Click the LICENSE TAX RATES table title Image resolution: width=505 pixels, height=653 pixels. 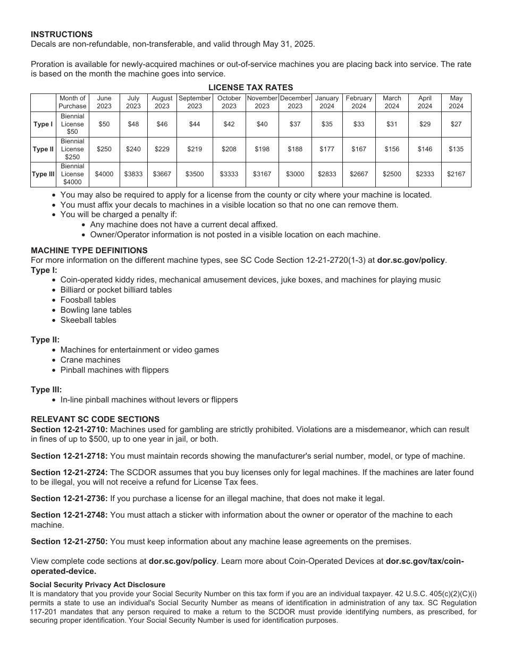250,88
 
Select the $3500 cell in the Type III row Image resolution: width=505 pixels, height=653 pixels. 195,174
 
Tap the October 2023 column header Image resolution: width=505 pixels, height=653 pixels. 229,102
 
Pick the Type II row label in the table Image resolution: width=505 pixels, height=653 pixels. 43,149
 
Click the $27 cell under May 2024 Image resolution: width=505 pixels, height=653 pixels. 456,124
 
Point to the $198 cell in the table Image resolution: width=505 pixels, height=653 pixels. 262,149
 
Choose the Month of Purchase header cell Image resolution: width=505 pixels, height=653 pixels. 72,102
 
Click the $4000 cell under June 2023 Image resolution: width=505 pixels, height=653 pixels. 104,174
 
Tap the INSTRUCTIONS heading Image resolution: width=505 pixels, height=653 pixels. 62,35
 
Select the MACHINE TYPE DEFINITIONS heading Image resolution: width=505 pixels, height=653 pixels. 89,251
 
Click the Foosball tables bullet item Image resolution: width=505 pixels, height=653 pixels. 88,300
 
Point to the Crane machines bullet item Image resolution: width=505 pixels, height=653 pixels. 90,360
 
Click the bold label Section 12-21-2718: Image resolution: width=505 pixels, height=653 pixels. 69,456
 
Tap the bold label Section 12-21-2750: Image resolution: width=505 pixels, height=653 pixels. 69,542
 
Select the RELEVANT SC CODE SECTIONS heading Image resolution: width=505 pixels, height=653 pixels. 95,419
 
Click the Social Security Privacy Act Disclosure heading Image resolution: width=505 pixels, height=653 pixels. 97,585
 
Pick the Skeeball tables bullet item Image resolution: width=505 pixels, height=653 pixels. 88,320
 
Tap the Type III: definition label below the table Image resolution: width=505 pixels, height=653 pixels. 46,390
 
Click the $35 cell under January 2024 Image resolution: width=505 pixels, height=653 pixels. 327,124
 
